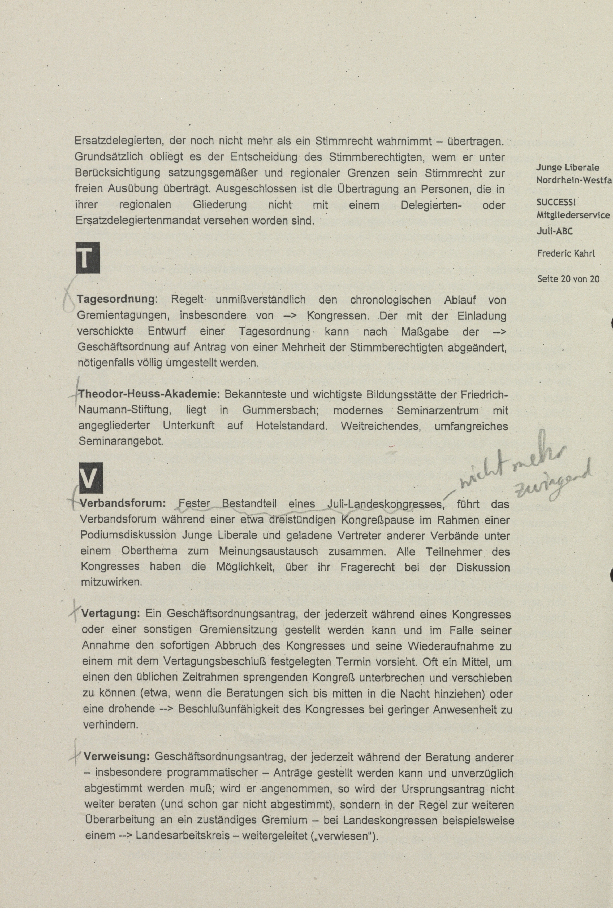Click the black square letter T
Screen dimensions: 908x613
pos(88,257)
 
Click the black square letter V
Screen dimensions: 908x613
pos(91,478)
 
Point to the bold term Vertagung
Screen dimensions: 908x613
pos(111,613)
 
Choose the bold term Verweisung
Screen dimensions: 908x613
pos(117,756)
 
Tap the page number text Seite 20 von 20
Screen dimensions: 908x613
pos(568,279)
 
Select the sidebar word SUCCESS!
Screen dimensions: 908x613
pos(555,202)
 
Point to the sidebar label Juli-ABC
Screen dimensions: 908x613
pos(554,231)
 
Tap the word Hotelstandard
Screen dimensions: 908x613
pos(292,426)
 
